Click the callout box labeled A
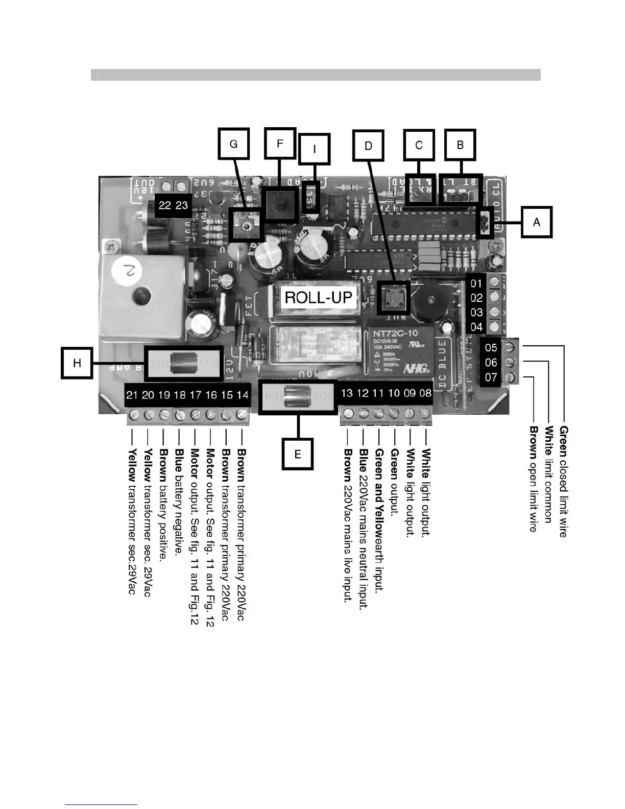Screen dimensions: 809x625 click(536, 222)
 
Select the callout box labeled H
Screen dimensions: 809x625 click(77, 363)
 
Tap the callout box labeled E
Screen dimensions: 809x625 click(298, 454)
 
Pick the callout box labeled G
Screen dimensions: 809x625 click(233, 144)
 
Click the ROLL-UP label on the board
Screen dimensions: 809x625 click(318, 297)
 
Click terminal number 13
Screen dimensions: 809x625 click(347, 393)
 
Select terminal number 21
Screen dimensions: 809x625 click(132, 395)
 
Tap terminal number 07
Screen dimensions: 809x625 click(491, 378)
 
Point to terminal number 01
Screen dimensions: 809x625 click(476, 283)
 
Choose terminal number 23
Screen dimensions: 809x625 click(182, 205)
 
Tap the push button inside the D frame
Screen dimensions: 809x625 click(394, 297)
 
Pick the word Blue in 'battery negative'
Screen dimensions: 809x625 click(179, 459)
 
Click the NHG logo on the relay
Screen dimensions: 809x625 click(415, 368)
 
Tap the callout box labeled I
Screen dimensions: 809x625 click(314, 149)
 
